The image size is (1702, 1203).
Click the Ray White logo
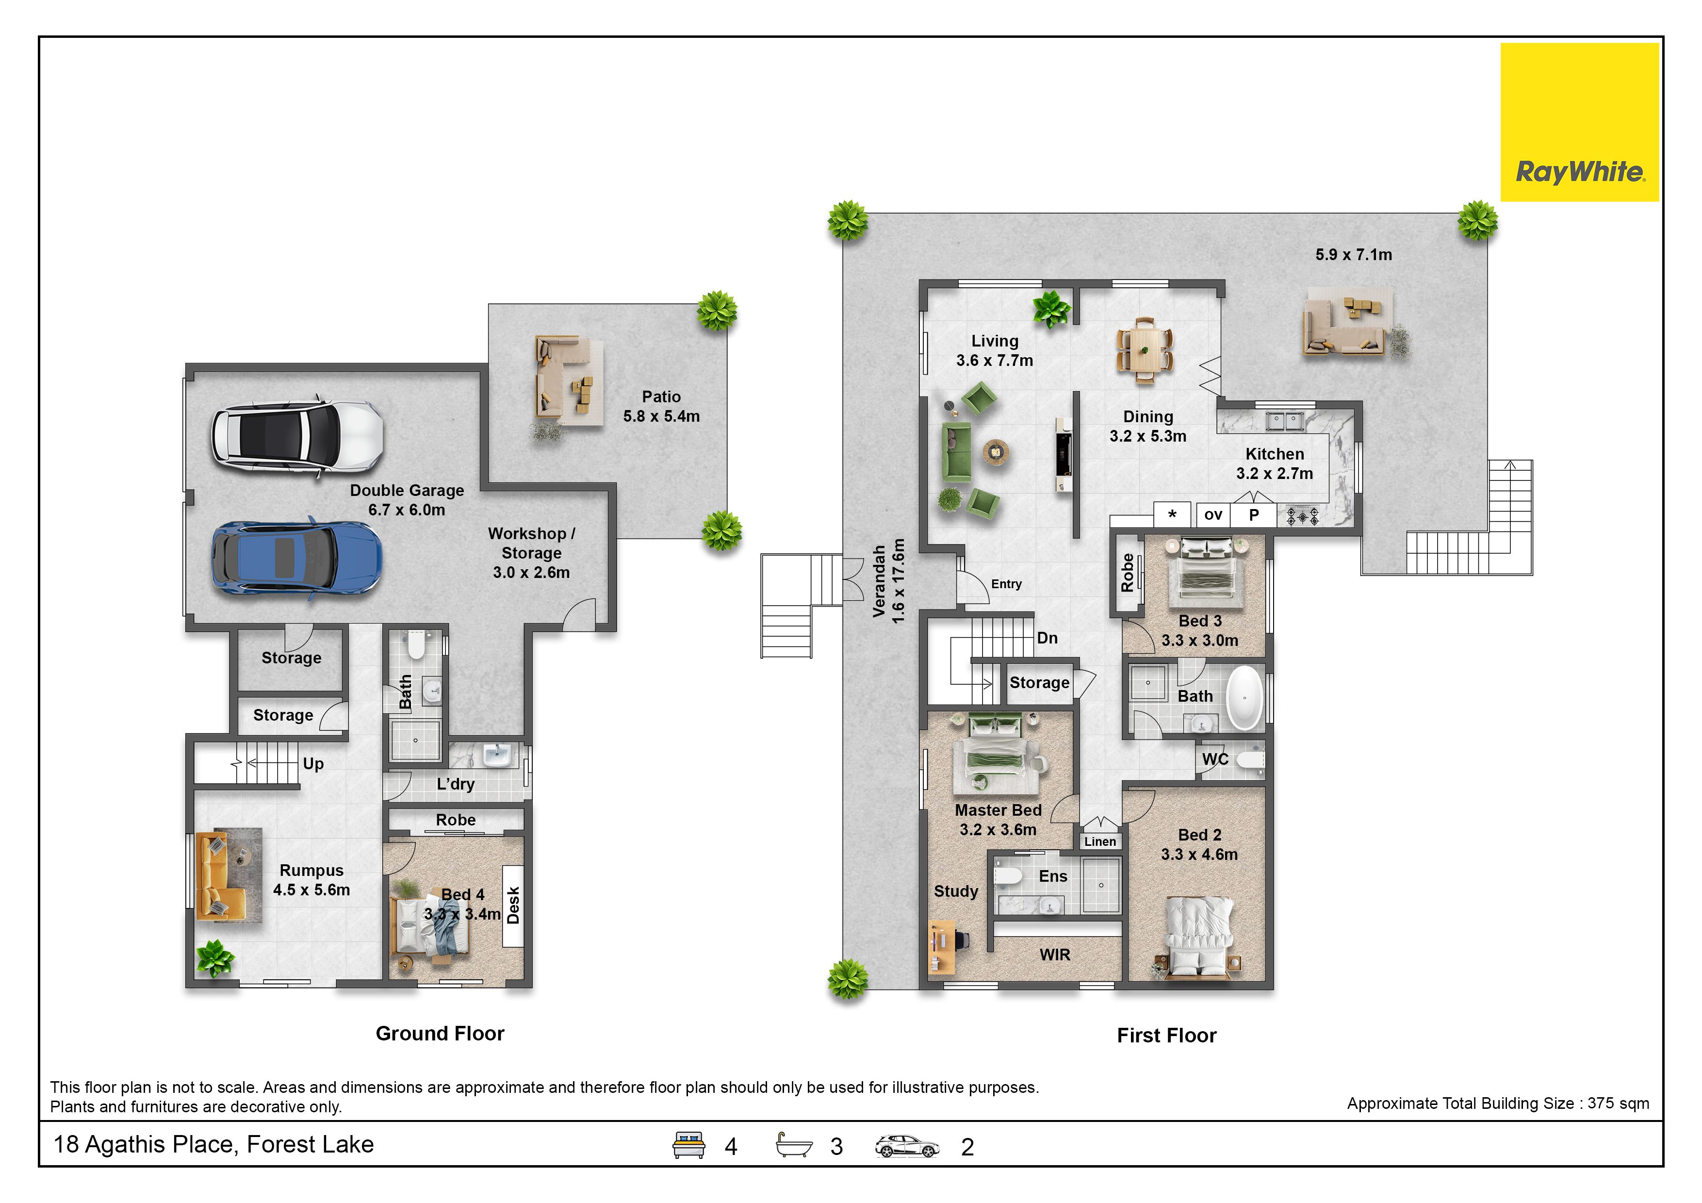(1580, 122)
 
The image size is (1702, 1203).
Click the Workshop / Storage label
(531, 553)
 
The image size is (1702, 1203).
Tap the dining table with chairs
(1145, 350)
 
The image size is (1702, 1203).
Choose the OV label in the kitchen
(1213, 514)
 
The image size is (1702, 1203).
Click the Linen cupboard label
(1100, 841)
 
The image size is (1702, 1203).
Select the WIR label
(1055, 955)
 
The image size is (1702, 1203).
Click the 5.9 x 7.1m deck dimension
(1354, 255)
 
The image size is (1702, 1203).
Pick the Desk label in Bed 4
(513, 906)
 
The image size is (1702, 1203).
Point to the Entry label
(1007, 584)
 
